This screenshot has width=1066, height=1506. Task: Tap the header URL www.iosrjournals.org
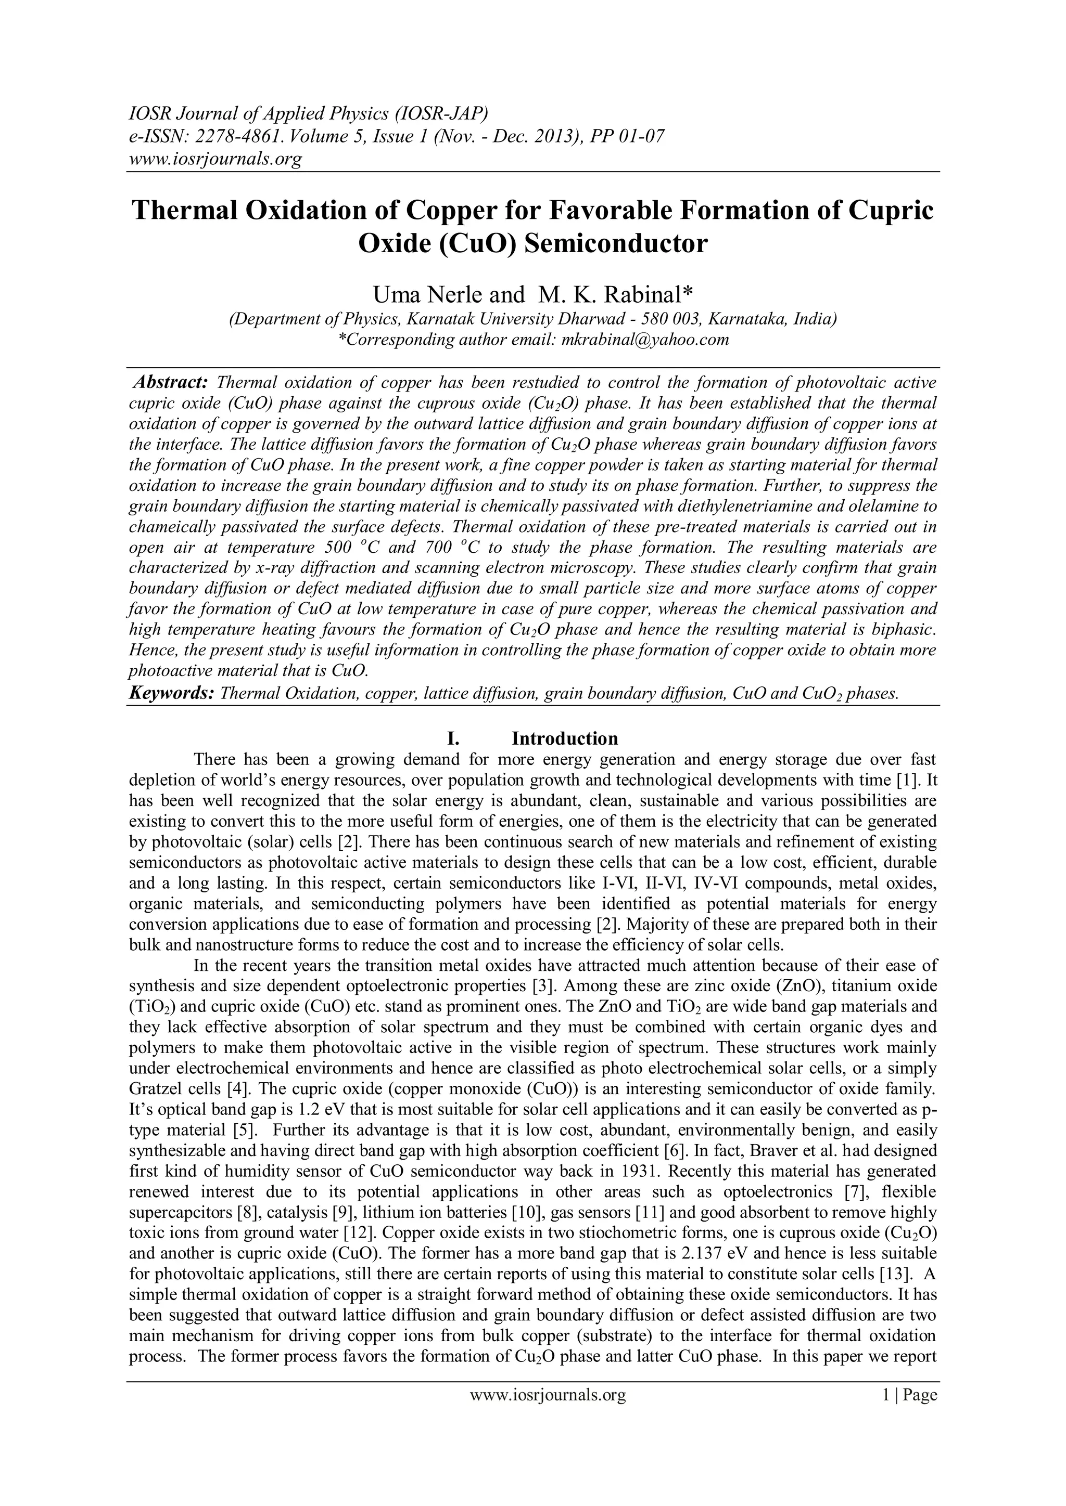click(x=214, y=159)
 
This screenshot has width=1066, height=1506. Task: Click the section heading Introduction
click(x=565, y=738)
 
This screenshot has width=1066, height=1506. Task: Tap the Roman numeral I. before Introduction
click(x=453, y=738)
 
